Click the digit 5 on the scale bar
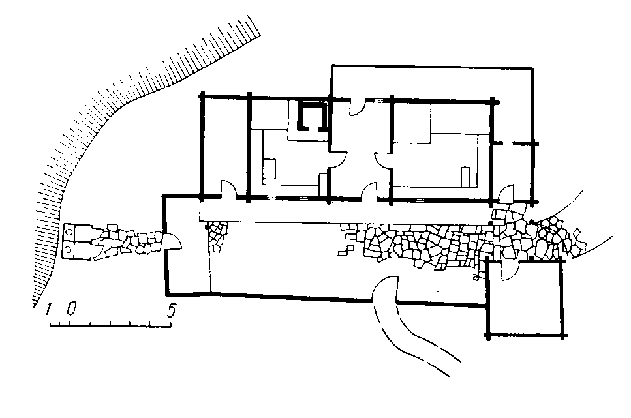coord(171,310)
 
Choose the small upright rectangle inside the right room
coord(466,176)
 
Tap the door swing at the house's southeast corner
coord(505,193)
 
